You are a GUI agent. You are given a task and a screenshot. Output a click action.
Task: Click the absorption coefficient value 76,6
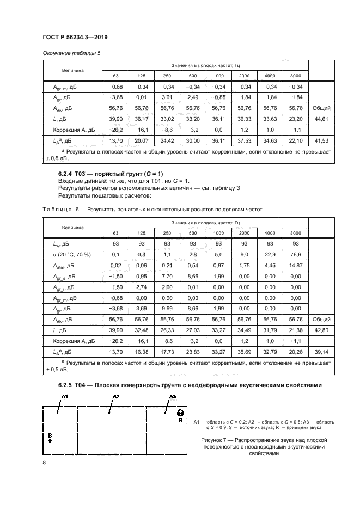coord(296,254)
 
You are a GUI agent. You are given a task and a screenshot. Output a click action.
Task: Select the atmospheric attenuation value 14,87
coord(296,265)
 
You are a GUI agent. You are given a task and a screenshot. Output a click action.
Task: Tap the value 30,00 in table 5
coord(192,141)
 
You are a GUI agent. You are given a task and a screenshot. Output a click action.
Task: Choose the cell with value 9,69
coord(167,308)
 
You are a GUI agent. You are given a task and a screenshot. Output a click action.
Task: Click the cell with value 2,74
coord(141,287)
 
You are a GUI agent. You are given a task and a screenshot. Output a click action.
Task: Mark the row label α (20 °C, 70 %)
coord(72,254)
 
